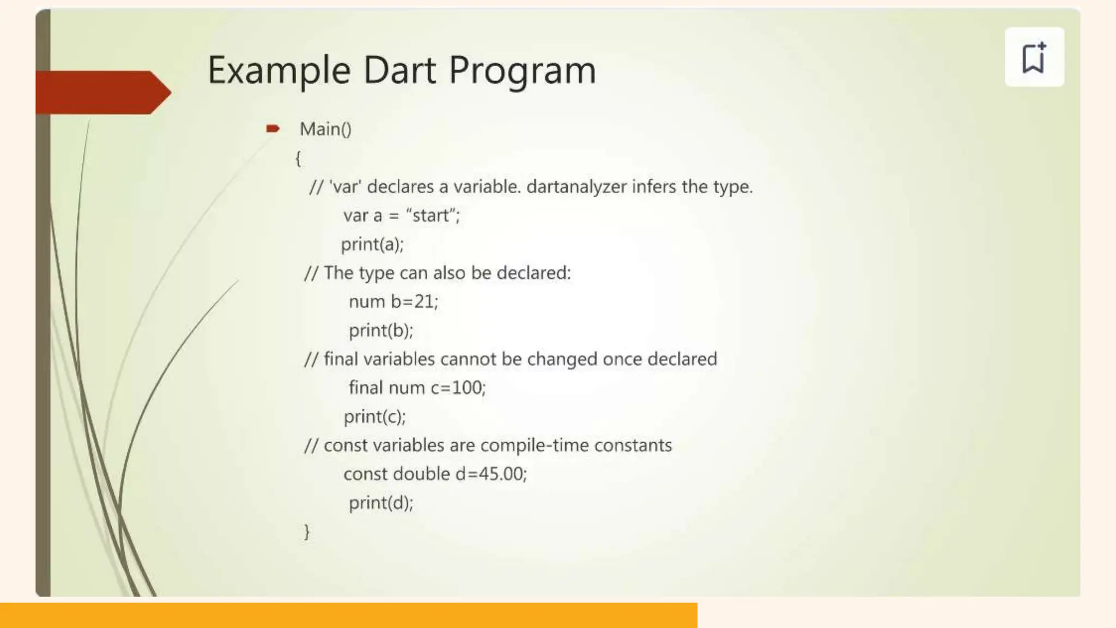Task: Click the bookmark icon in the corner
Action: [x=1034, y=57]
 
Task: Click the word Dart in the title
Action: [x=399, y=70]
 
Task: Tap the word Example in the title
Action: [x=279, y=70]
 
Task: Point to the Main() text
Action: [x=325, y=129]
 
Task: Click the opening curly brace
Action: [x=298, y=159]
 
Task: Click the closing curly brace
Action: [x=307, y=532]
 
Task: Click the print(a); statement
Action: [x=372, y=244]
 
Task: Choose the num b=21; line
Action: [x=393, y=301]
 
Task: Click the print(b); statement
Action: [x=381, y=330]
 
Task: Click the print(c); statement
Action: [x=375, y=416]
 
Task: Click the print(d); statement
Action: [x=381, y=503]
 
